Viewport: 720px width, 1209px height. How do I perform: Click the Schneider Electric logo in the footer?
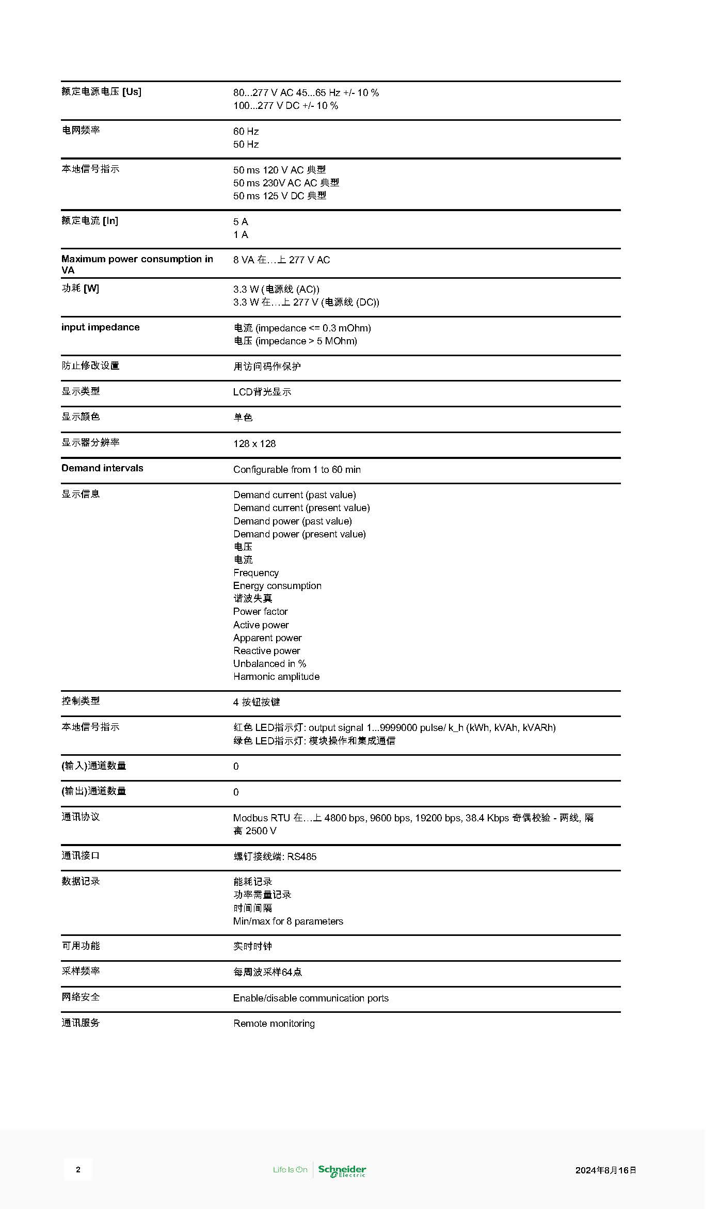pos(342,1170)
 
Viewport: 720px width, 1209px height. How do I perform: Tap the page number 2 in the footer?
pos(78,1170)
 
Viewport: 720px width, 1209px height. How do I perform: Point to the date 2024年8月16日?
pos(605,1170)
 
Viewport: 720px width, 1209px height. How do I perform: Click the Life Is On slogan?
pos(290,1170)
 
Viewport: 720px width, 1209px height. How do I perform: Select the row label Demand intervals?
pos(102,468)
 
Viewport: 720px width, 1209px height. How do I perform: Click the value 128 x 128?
pos(254,443)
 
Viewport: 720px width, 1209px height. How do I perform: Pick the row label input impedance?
pos(100,327)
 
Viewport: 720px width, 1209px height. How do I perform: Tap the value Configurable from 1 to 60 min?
pos(297,469)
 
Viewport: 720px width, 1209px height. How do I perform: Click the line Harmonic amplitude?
pos(276,676)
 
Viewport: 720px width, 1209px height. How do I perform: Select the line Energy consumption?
pos(277,585)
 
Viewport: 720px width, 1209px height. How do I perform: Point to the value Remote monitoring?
pos(274,1023)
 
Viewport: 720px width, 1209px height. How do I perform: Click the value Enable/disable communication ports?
pos(311,998)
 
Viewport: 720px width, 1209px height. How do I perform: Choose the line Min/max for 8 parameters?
pos(288,921)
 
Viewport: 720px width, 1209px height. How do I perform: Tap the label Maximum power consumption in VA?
pos(137,264)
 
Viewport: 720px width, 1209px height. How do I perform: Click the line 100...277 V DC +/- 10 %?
pos(285,105)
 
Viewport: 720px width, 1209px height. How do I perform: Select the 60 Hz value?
pos(246,131)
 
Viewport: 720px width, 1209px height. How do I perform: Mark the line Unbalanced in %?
pos(269,663)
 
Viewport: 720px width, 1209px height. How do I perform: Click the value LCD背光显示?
pos(262,392)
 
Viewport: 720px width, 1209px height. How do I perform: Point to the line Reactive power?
pos(266,650)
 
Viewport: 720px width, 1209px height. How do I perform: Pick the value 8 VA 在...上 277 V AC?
pos(281,260)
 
